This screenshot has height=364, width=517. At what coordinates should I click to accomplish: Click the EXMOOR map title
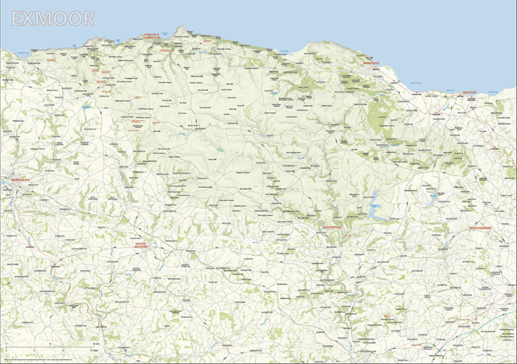tap(52, 19)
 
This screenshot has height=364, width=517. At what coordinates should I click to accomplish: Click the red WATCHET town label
tap(470, 92)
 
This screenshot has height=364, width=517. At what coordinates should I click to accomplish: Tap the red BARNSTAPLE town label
tap(18, 180)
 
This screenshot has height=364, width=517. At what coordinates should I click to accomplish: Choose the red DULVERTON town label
tap(332, 227)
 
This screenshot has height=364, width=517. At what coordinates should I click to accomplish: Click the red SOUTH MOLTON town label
tap(141, 246)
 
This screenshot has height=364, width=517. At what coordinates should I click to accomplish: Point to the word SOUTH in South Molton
tap(141, 243)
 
